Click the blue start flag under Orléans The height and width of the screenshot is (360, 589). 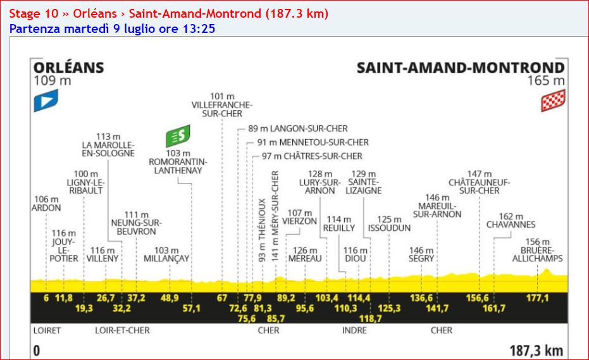click(x=46, y=101)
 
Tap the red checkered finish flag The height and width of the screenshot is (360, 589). click(x=552, y=101)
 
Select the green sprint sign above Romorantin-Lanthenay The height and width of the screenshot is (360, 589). click(x=178, y=137)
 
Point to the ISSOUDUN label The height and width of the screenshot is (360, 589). click(x=389, y=228)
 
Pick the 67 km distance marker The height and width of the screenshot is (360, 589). click(x=221, y=298)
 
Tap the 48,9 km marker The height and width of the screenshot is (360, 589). click(x=170, y=298)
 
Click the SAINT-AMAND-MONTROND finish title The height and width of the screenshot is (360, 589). click(x=460, y=68)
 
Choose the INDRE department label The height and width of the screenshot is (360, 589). click(x=354, y=330)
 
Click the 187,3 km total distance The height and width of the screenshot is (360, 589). click(x=536, y=351)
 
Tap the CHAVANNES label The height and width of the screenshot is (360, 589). click(x=511, y=225)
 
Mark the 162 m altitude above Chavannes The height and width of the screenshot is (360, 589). click(x=511, y=216)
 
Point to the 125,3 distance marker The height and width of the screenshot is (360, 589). click(x=389, y=308)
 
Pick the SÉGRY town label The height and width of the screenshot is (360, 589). click(x=421, y=259)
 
